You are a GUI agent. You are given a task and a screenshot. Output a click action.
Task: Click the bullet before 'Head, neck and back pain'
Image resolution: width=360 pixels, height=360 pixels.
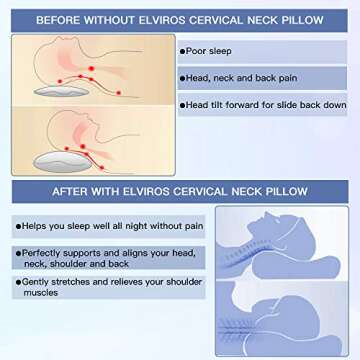coord(183,76)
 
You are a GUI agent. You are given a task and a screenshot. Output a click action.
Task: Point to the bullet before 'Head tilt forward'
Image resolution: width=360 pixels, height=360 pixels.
coord(183,103)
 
